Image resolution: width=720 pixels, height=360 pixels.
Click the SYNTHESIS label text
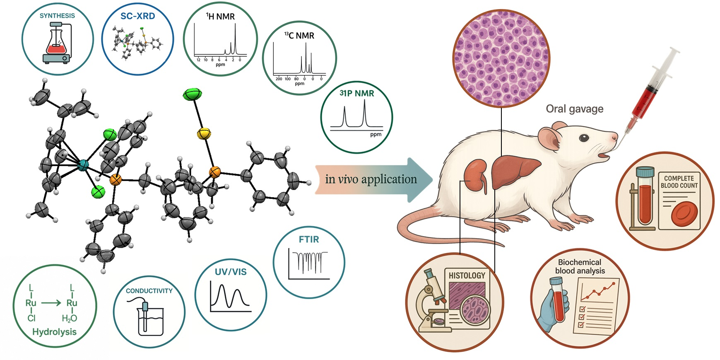tap(57, 16)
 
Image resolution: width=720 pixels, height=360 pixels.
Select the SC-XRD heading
tap(137, 16)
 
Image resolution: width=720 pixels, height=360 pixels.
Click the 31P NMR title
tap(356, 94)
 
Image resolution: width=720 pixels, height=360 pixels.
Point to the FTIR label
tap(309, 239)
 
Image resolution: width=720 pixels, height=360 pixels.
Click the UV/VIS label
tap(231, 272)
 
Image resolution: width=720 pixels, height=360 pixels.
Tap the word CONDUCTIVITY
tap(149, 291)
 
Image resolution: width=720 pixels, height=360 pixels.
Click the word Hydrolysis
tap(54, 332)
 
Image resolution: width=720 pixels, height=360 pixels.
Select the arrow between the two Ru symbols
tap(51, 303)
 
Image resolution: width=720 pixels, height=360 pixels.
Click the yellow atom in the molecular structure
tap(204, 133)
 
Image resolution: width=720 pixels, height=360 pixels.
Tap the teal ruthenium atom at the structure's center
tap(83, 166)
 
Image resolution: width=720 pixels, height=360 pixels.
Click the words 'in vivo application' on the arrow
tap(371, 179)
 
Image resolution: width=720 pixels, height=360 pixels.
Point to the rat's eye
tap(584, 138)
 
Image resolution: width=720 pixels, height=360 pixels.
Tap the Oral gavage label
tap(574, 109)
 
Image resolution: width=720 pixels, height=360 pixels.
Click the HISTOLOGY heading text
tap(467, 275)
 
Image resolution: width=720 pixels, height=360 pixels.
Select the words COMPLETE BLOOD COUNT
tap(679, 182)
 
